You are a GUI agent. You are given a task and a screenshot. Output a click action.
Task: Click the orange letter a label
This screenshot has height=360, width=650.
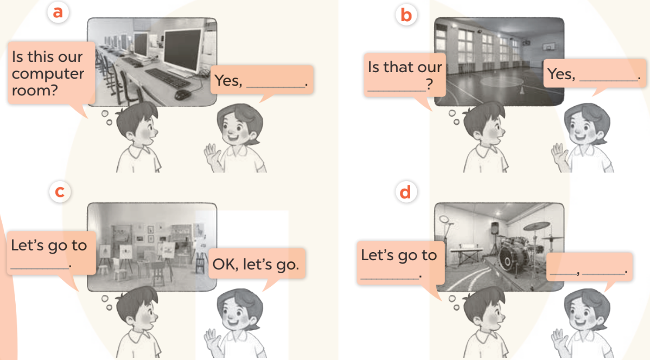(x=58, y=11)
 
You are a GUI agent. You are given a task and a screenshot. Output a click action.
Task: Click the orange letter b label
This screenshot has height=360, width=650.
(x=406, y=15)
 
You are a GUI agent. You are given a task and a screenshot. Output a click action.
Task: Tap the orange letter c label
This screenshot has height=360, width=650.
(x=60, y=192)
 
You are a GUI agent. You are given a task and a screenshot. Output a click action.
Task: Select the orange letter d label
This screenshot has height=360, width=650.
(x=405, y=192)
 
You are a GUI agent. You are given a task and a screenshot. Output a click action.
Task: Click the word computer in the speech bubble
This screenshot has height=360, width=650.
(x=48, y=74)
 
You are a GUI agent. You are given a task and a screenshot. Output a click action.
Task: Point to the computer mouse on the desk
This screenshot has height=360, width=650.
(x=182, y=94)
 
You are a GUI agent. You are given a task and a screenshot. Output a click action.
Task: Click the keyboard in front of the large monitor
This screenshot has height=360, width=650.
(x=168, y=78)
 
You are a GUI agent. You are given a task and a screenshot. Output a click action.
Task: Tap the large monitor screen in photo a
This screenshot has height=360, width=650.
(x=182, y=50)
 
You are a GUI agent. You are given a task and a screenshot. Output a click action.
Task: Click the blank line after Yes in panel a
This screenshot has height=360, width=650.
(x=276, y=87)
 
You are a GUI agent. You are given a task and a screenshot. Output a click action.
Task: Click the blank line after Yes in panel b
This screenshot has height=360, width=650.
(x=609, y=80)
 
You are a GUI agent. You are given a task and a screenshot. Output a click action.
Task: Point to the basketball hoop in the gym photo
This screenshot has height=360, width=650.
(x=549, y=47)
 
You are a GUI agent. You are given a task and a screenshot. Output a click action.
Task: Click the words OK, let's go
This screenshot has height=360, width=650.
(x=256, y=264)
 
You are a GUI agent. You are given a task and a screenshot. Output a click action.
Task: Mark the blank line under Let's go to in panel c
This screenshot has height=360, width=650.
(x=40, y=268)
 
